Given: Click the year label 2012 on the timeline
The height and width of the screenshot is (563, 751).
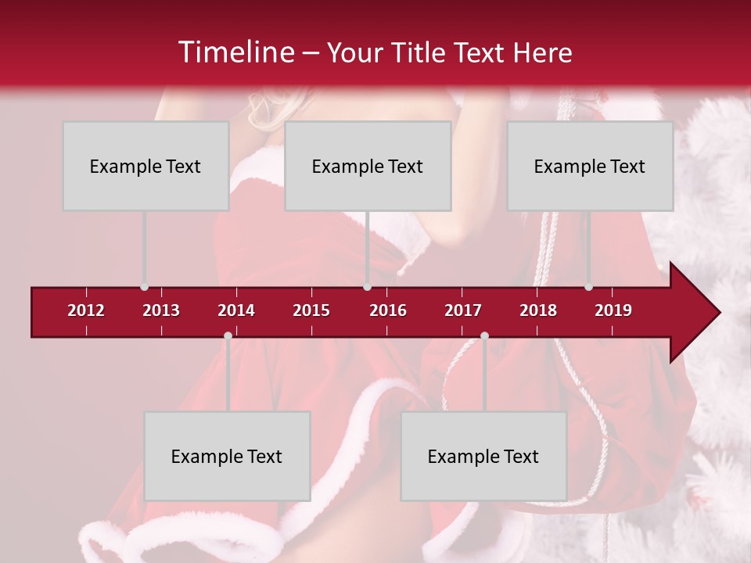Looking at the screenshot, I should coord(86,310).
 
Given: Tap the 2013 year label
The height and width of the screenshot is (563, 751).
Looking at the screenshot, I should coord(161,310).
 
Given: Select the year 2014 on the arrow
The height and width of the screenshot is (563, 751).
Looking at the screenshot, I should coord(236,310).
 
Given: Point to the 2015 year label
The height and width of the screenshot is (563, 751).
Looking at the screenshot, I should coord(311,310).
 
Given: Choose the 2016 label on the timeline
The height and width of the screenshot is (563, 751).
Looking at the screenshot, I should coord(388,310).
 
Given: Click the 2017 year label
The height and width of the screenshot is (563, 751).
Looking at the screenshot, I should coord(463,310).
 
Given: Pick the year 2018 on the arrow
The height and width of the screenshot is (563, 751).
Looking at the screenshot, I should coord(538,310).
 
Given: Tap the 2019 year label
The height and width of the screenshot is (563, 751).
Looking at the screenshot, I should coord(613,310).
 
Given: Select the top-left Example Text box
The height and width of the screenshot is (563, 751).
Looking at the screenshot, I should coord(146,166).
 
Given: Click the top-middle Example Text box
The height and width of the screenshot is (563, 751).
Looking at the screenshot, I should coord(368,166).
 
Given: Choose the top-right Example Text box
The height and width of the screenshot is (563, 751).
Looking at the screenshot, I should coord(590,166).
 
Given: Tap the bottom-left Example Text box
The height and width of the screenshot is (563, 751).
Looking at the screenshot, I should coord(227,456).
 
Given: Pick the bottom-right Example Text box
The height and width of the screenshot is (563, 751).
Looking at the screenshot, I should coord(483,456).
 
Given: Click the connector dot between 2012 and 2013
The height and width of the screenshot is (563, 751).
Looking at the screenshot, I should coord(145,287).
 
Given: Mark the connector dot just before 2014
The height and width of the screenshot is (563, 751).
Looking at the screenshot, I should coord(228,335).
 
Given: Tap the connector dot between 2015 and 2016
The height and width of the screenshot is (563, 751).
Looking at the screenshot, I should coord(367,287).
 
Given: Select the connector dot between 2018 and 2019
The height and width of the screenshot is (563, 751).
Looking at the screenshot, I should coord(589,287).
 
